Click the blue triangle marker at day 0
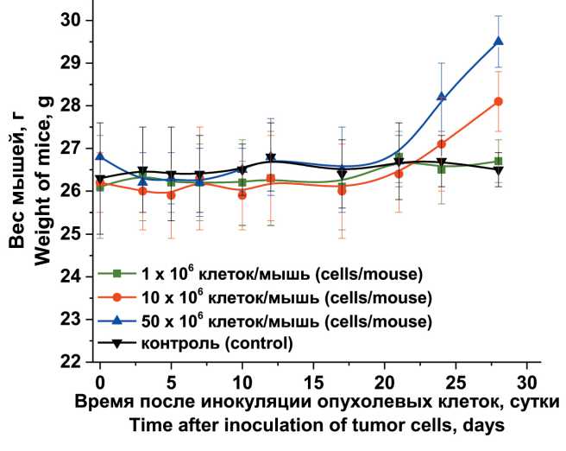point(100,156)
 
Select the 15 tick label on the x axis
point(312,380)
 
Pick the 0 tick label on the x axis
point(100,380)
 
